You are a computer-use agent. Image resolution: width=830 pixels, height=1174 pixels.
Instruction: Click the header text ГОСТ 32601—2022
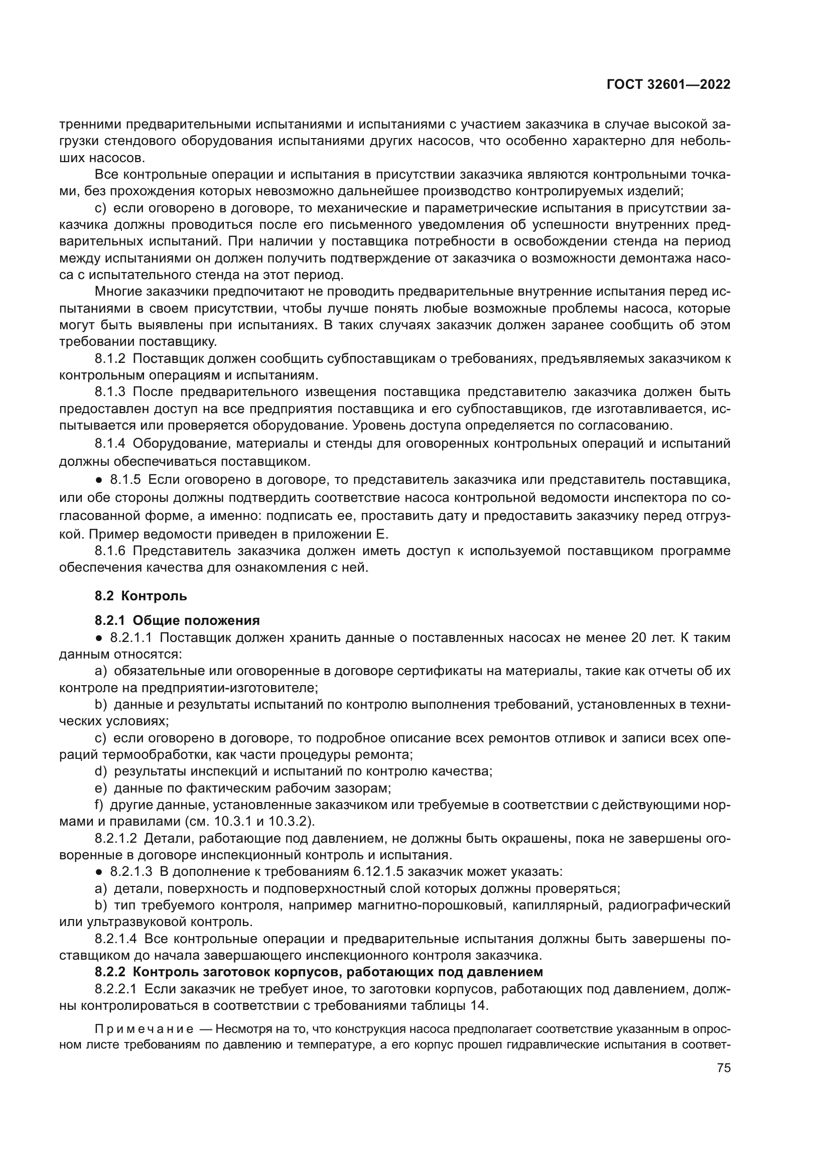coord(668,84)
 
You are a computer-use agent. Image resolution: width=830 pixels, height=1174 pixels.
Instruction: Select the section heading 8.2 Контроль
coord(141,596)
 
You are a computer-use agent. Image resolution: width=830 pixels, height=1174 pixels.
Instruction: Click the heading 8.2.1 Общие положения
coord(177,620)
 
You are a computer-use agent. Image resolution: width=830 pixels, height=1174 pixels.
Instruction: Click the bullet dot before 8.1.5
coord(100,480)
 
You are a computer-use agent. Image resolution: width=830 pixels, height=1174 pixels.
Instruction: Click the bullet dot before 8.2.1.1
coord(100,637)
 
